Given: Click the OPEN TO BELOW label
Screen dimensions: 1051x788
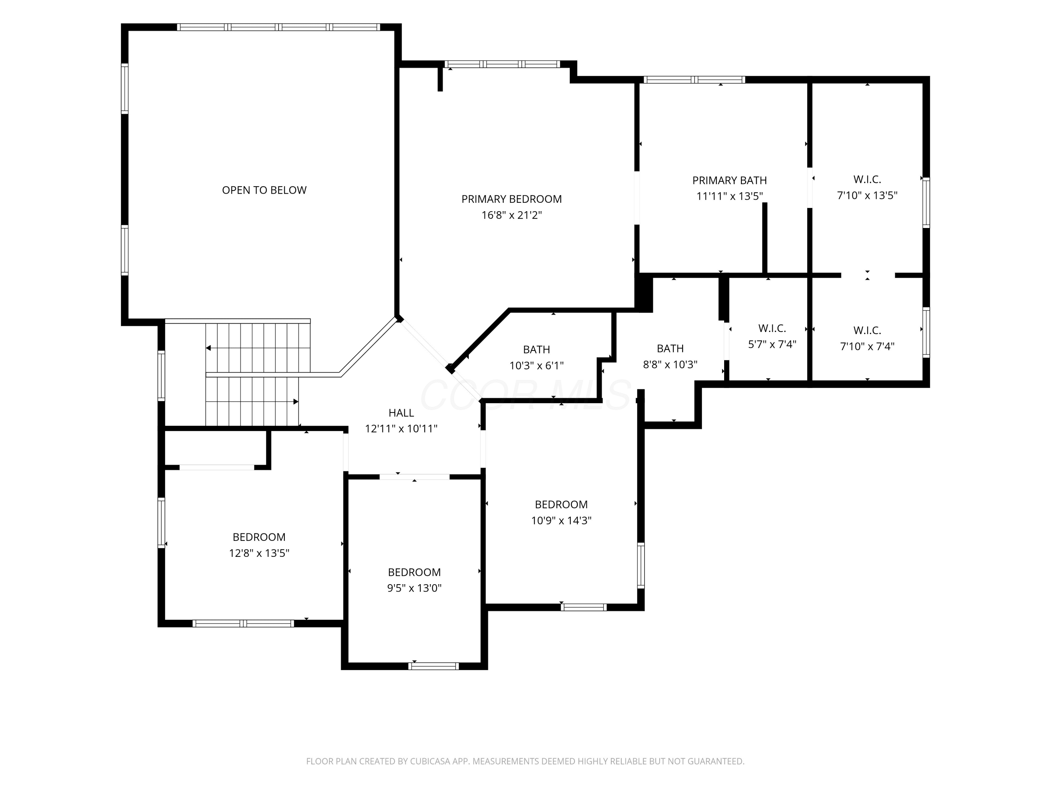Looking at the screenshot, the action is pyautogui.click(x=264, y=190).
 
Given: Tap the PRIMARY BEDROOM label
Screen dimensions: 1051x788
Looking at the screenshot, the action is pyautogui.click(x=512, y=199).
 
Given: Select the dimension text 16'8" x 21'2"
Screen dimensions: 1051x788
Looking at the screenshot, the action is pyautogui.click(x=512, y=215).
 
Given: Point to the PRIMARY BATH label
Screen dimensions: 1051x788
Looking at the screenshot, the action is pyautogui.click(x=729, y=180).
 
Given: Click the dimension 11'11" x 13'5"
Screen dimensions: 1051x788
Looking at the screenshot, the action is pyautogui.click(x=729, y=196).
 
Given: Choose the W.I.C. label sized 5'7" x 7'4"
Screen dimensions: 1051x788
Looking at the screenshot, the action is pyautogui.click(x=772, y=328).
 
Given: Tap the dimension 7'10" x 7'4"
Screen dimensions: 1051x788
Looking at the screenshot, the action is pyautogui.click(x=867, y=346).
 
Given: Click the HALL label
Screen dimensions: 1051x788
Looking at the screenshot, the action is pyautogui.click(x=401, y=413).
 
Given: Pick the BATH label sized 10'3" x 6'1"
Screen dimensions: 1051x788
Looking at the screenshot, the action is pyautogui.click(x=536, y=350).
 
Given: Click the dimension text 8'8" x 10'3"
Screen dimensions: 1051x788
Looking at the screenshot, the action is pyautogui.click(x=670, y=364).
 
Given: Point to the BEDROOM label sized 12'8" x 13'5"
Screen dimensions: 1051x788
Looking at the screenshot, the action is pyautogui.click(x=259, y=537).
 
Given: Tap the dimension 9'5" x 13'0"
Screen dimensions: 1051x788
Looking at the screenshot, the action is pyautogui.click(x=414, y=588).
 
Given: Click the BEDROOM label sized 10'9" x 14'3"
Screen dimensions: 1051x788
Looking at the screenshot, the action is pyautogui.click(x=561, y=504).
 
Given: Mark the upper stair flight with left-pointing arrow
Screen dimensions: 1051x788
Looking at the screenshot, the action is pyautogui.click(x=258, y=348).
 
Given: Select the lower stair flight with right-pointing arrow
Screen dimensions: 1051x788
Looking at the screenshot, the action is pyautogui.click(x=252, y=402).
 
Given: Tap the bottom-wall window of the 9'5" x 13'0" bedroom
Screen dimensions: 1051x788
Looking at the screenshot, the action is pyautogui.click(x=433, y=666).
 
